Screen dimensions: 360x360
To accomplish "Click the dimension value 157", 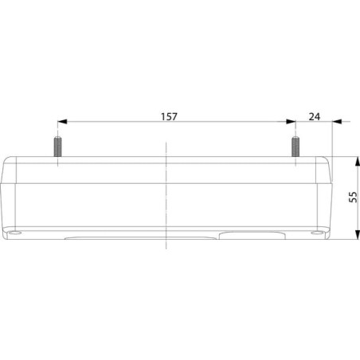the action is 169,116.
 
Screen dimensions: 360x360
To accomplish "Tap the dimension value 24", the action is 315,116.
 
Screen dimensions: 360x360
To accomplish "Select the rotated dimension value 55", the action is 353,197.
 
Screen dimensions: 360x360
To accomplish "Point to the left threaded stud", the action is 57,147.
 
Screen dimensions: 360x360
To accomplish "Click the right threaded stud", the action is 295,147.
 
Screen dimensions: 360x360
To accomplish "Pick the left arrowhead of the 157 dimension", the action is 62,122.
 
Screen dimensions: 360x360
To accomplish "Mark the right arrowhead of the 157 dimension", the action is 291,122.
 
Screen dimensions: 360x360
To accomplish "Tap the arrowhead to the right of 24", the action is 337,122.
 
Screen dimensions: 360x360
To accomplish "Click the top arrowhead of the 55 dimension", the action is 358,161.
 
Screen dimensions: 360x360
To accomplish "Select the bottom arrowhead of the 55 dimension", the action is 358,235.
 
